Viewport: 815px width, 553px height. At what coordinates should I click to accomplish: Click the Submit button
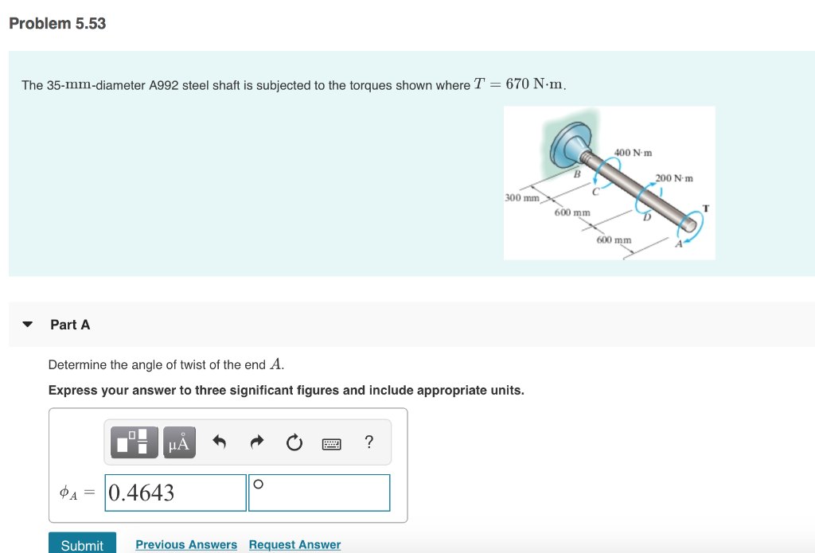(x=82, y=544)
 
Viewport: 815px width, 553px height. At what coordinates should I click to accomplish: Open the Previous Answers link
(x=186, y=544)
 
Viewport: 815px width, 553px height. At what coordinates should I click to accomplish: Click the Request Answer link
(x=294, y=544)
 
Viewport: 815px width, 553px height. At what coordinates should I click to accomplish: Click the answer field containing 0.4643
(x=176, y=493)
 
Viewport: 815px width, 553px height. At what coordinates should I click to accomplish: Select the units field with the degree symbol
(x=319, y=493)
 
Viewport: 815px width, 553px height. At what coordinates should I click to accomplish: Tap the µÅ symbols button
(x=180, y=442)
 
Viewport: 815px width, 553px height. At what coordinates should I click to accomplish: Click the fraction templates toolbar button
(x=132, y=442)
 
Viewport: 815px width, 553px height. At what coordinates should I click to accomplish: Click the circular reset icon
(x=294, y=442)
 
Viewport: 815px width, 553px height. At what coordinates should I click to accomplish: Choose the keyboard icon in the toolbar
(x=332, y=443)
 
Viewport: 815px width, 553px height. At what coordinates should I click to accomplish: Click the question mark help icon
(x=369, y=442)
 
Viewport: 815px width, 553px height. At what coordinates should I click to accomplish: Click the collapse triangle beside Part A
(x=28, y=325)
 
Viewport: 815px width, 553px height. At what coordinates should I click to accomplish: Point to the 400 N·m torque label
(x=634, y=152)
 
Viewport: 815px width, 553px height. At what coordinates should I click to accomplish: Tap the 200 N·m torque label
(x=674, y=177)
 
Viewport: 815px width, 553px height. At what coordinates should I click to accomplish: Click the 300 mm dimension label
(x=522, y=197)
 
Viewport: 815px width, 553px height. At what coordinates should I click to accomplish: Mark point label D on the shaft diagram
(x=647, y=216)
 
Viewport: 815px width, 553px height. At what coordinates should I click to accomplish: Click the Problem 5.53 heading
(x=57, y=24)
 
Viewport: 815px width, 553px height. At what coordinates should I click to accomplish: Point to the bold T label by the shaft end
(x=705, y=208)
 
